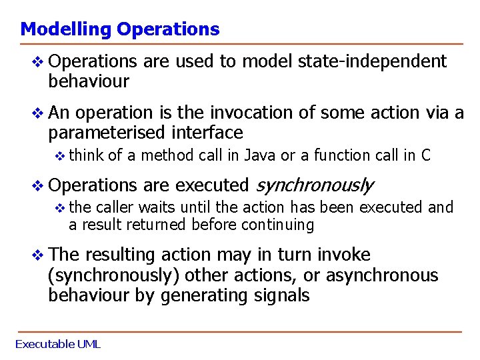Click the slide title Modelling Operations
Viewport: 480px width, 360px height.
click(x=119, y=29)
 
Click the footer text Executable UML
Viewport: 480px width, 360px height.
click(x=57, y=344)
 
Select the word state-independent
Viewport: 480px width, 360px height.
click(x=372, y=62)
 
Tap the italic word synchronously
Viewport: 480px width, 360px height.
click(x=314, y=185)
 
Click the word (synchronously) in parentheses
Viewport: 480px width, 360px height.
click(x=114, y=275)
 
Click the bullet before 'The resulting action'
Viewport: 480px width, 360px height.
click(x=39, y=255)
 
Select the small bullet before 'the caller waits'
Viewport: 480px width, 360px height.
click(x=60, y=208)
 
